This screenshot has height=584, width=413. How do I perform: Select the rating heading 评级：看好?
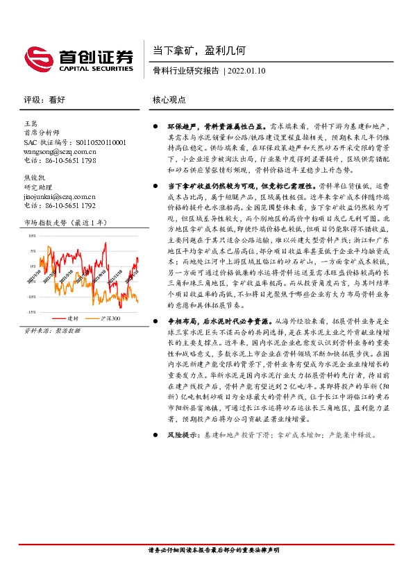(44, 100)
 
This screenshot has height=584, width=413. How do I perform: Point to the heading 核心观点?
(169, 100)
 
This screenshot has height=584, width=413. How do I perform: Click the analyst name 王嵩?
(31, 123)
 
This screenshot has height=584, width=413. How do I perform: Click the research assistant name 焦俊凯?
(34, 178)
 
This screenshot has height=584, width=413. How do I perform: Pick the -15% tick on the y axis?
(32, 312)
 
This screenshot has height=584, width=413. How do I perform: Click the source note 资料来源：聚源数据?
(52, 331)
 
